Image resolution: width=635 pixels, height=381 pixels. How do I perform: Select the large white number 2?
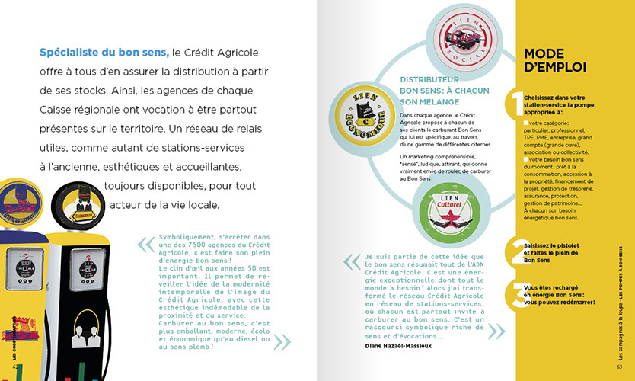pyautogui.click(x=518, y=251)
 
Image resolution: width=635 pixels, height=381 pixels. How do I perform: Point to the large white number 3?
pyautogui.click(x=518, y=293)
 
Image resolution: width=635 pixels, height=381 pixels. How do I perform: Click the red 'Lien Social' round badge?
pyautogui.click(x=454, y=37)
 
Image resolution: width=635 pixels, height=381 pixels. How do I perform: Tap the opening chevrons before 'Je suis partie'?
pyautogui.click(x=351, y=261)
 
